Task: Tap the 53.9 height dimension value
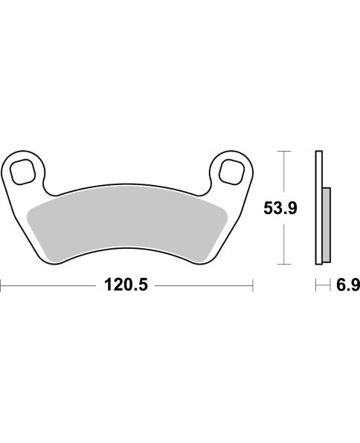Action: click(280, 209)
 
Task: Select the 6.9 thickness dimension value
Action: click(345, 285)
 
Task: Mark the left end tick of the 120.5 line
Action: click(1, 285)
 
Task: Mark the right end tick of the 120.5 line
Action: click(254, 285)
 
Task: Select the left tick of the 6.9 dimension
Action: click(316, 285)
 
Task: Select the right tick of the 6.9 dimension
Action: click(330, 285)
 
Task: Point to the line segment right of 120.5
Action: click(205, 285)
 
